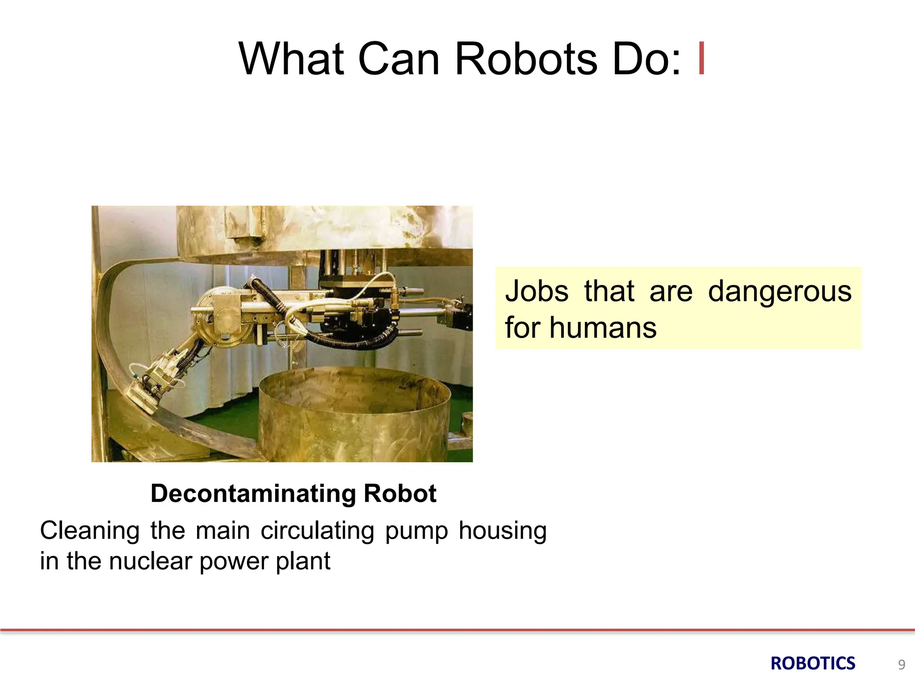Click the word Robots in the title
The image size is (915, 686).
click(526, 59)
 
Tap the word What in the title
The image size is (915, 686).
click(292, 59)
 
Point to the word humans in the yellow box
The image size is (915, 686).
click(603, 328)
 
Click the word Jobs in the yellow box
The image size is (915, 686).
click(537, 291)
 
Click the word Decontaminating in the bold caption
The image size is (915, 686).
click(253, 494)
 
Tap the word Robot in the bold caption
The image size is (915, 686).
click(400, 494)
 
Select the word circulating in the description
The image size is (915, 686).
click(317, 531)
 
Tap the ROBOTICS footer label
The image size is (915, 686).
click(813, 664)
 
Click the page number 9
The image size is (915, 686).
click(902, 665)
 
